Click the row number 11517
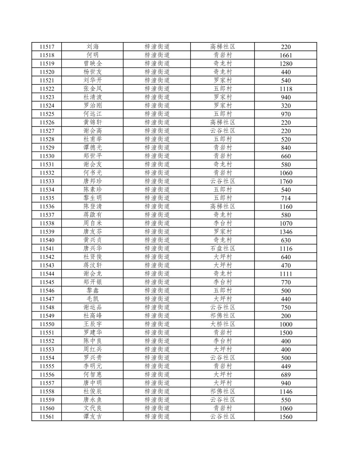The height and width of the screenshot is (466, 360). (x=47, y=47)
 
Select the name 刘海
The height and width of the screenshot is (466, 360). (x=93, y=47)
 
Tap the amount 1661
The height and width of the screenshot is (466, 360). (x=286, y=55)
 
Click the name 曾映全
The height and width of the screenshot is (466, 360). (x=93, y=64)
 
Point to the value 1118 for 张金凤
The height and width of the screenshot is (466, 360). (x=286, y=89)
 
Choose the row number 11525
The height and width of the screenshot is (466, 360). (x=47, y=114)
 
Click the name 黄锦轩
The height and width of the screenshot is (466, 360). (x=93, y=123)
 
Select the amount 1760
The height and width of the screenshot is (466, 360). (x=286, y=181)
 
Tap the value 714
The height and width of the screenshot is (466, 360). (x=286, y=198)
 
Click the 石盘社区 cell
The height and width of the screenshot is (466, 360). (x=223, y=248)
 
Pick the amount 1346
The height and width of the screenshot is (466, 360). (x=286, y=232)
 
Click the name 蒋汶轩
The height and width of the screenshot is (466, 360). (x=93, y=265)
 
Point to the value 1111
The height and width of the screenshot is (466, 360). (x=286, y=274)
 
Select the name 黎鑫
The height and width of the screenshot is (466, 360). (x=93, y=291)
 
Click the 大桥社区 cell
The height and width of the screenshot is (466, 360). (x=223, y=324)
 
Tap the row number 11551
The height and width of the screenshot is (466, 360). (x=47, y=333)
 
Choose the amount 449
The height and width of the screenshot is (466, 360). (x=286, y=366)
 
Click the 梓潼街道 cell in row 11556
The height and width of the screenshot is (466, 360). (x=157, y=375)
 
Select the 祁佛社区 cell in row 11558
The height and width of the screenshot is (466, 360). (x=223, y=391)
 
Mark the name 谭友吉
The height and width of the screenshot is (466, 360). (x=93, y=417)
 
